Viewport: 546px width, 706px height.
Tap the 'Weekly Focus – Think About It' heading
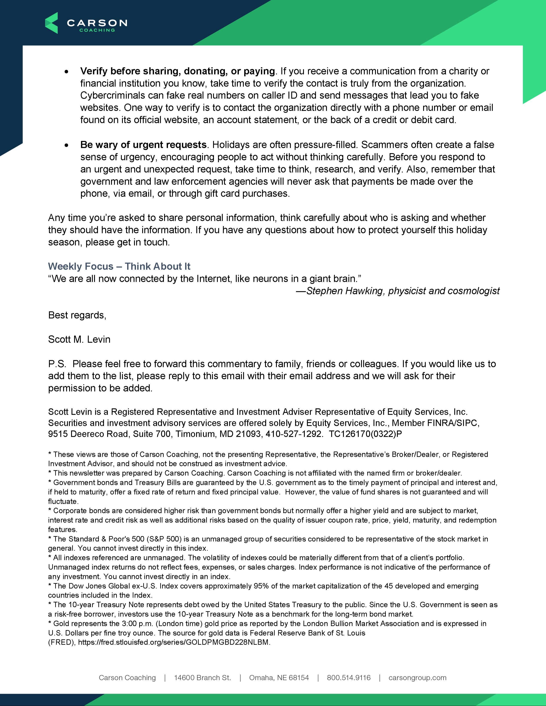coord(119,266)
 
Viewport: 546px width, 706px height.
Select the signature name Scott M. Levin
coord(79,339)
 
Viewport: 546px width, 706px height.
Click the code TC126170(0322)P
coord(365,434)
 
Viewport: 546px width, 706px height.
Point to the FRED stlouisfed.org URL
coord(174,642)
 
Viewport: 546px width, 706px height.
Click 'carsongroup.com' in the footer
coord(417,677)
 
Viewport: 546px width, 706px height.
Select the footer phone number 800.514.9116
coord(349,677)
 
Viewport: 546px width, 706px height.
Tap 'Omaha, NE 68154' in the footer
coord(279,677)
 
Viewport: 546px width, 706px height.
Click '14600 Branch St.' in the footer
coord(203,677)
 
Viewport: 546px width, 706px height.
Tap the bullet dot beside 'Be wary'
coord(67,146)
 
